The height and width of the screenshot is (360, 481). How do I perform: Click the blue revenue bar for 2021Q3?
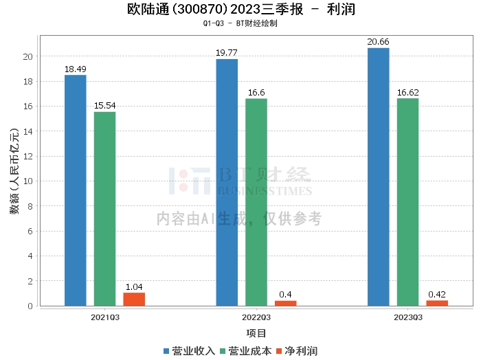[76, 190]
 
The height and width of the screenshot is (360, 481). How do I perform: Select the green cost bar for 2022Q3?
[256, 203]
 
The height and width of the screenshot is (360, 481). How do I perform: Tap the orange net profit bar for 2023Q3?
[437, 303]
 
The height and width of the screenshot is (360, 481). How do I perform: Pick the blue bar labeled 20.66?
[379, 177]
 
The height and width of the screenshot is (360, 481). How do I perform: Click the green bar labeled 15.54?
[105, 209]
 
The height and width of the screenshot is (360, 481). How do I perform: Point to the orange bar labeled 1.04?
[134, 300]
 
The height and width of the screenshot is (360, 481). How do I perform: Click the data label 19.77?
[227, 53]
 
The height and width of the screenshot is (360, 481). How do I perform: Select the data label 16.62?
[407, 92]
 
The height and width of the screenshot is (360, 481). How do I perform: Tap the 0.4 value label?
[285, 294]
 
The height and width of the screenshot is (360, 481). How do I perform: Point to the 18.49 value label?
[76, 69]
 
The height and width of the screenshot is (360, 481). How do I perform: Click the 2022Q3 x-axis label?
[256, 317]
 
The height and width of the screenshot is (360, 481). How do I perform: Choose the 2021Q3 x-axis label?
[105, 317]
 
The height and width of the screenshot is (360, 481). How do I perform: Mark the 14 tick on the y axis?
[28, 131]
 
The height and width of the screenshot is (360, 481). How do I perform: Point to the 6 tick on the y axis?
[30, 231]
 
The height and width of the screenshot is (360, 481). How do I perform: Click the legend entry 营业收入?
[189, 351]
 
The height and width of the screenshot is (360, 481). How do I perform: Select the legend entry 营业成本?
[246, 351]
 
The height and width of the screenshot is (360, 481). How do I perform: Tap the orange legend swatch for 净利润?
[279, 351]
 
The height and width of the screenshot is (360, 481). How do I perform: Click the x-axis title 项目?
[256, 333]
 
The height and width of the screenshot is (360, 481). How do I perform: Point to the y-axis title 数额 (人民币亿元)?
[14, 171]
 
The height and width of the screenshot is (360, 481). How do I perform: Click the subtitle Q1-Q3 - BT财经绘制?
[240, 23]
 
